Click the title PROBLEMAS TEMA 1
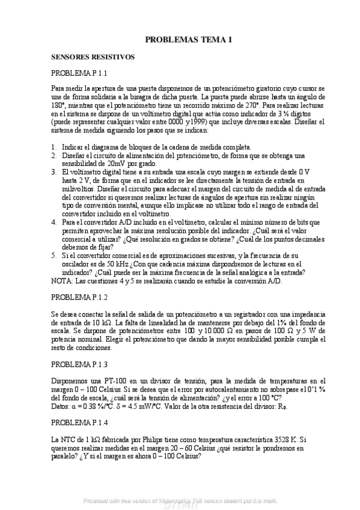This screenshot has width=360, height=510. pyautogui.click(x=188, y=40)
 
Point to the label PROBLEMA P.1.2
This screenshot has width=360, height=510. pyautogui.click(x=79, y=297)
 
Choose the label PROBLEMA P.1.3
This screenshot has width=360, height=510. pyautogui.click(x=79, y=364)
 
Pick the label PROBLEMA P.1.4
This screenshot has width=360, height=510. pyautogui.click(x=79, y=423)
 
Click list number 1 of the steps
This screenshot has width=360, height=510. pyautogui.click(x=54, y=146)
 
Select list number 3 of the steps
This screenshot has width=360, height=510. pyautogui.click(x=54, y=171)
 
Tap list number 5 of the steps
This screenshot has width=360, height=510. pyautogui.click(x=54, y=255)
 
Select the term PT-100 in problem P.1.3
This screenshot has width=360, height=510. pyautogui.click(x=101, y=380)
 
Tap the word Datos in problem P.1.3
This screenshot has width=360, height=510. pyautogui.click(x=61, y=405)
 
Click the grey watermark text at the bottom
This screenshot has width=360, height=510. pyautogui.click(x=180, y=500)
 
